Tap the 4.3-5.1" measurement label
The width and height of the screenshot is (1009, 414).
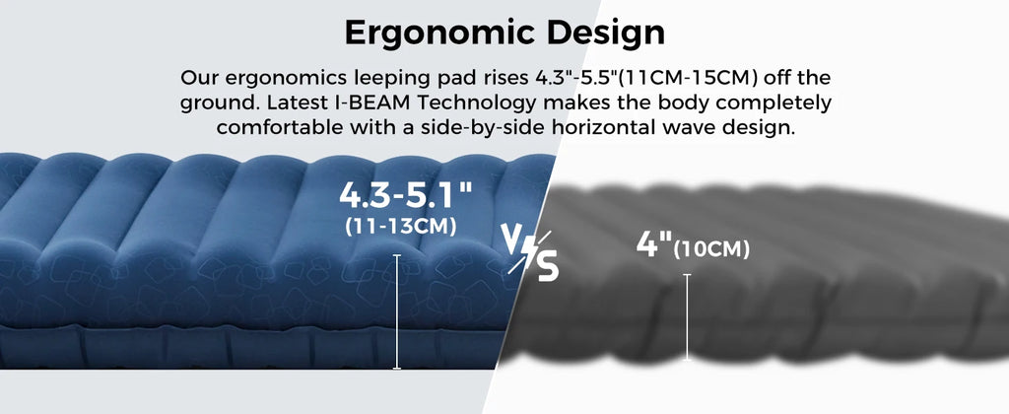pyautogui.click(x=405, y=195)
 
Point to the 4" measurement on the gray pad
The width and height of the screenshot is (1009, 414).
pyautogui.click(x=653, y=244)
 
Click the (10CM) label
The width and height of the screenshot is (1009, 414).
pyautogui.click(x=711, y=249)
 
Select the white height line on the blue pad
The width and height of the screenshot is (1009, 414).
pyautogui.click(x=396, y=311)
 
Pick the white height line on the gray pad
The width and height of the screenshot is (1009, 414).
pyautogui.click(x=687, y=316)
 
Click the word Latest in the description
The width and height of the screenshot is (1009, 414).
pyautogui.click(x=295, y=103)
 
